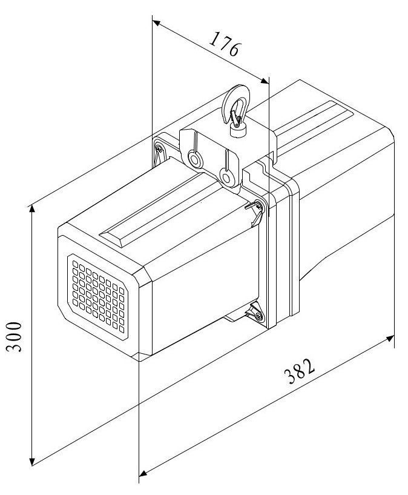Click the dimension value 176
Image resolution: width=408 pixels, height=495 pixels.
(x=225, y=44)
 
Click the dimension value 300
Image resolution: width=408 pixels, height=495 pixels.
(x=15, y=337)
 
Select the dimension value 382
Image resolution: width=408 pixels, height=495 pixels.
(x=299, y=371)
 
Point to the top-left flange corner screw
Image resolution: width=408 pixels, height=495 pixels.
(x=158, y=147)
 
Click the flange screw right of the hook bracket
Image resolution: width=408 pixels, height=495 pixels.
(x=258, y=206)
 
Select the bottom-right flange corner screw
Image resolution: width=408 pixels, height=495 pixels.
(x=258, y=316)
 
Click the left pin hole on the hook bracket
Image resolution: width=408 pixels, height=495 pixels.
(x=195, y=159)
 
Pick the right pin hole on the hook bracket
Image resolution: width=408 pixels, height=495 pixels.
(x=226, y=177)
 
